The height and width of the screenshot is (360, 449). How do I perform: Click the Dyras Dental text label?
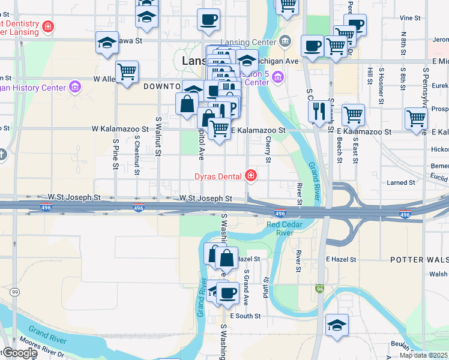217,176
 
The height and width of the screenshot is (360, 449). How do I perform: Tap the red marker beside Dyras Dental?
250,176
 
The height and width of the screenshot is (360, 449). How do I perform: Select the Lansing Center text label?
247,41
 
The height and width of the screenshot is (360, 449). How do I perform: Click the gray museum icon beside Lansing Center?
285,41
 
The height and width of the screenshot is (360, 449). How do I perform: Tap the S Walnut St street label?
158,136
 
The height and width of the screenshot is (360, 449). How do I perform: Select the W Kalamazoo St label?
119,129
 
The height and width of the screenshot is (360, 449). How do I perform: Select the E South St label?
246,316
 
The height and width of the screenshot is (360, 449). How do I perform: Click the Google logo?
19,353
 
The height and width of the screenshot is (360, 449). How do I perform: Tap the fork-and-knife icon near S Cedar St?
318,110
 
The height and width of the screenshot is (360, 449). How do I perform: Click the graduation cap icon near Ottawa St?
107,43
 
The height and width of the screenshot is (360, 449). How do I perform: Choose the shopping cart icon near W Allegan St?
127,72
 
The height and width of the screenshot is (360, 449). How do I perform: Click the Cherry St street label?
268,148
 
